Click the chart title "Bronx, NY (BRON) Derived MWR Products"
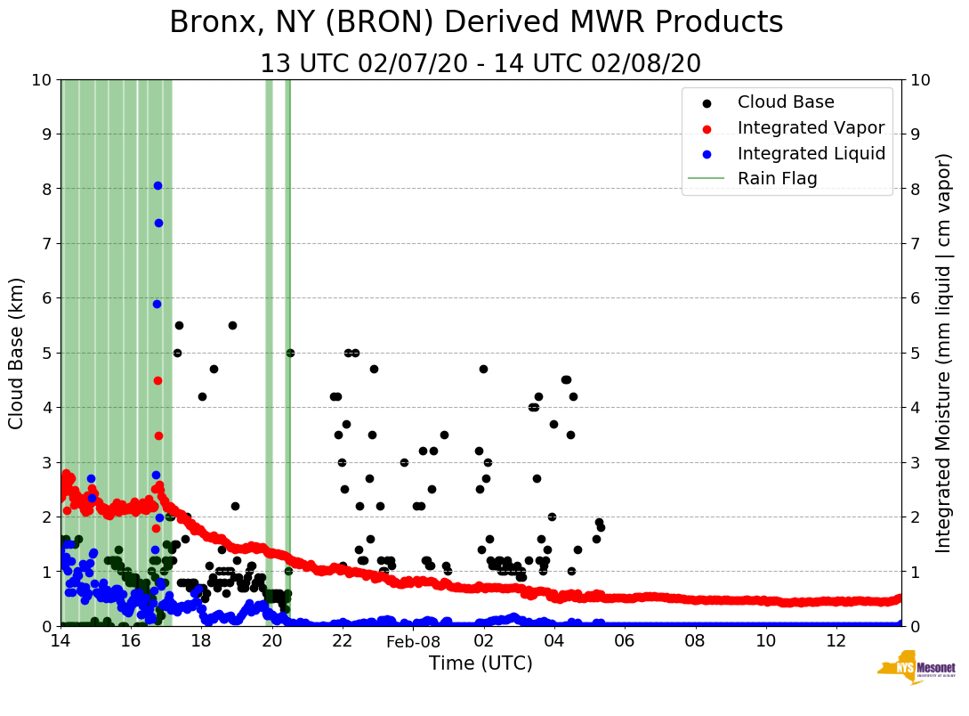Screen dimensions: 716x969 coord(476,22)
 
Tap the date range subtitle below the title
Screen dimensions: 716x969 coord(480,64)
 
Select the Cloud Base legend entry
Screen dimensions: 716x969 coord(786,102)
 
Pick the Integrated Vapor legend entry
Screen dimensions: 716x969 coord(811,127)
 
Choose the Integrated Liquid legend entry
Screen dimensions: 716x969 coord(811,153)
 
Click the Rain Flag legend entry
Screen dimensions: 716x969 coord(777,178)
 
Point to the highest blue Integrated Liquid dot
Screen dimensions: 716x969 coord(157,185)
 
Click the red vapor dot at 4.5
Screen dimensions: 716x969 coord(157,380)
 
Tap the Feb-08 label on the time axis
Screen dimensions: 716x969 coord(414,642)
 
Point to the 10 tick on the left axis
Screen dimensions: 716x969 coord(41,79)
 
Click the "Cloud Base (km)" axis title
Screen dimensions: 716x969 coord(17,353)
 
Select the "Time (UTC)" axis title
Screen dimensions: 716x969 coord(480,663)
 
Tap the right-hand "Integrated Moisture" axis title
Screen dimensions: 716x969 coord(944,353)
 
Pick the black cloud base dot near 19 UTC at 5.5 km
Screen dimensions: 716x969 coord(232,325)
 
